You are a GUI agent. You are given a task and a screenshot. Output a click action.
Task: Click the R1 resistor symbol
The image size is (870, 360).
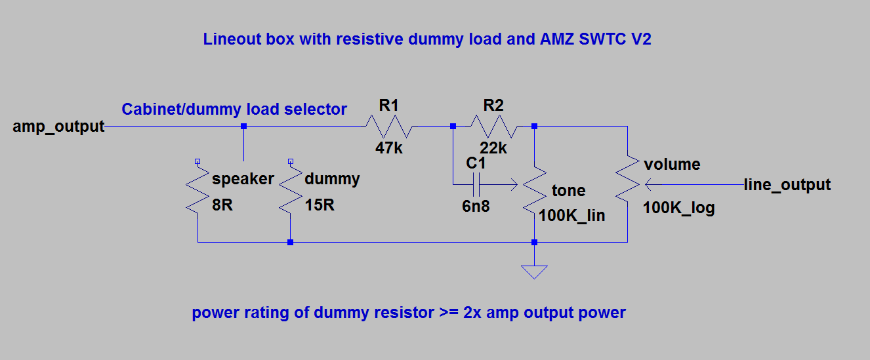tap(388, 126)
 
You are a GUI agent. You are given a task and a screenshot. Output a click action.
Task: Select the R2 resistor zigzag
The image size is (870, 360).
tap(493, 126)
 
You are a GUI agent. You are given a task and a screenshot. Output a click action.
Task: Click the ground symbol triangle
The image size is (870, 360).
tap(535, 271)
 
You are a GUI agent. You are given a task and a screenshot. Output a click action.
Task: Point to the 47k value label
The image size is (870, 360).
tap(388, 148)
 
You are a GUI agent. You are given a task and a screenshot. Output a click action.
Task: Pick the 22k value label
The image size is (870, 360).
tap(493, 148)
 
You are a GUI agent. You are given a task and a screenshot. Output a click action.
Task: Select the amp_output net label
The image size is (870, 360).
tap(58, 127)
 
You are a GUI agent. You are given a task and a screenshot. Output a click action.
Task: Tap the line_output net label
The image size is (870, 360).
tap(787, 185)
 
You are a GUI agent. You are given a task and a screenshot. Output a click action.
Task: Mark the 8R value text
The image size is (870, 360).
tap(222, 205)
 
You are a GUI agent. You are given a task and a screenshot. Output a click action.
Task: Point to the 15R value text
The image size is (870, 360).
tap(320, 205)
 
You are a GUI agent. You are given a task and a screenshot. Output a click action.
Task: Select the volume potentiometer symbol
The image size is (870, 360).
tap(628, 184)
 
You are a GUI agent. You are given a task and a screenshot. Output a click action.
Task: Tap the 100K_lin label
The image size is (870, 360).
tap(571, 216)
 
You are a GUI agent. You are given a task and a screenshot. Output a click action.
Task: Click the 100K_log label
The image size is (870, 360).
tap(678, 209)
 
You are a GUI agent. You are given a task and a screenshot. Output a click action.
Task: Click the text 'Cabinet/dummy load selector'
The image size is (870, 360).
tap(234, 110)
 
